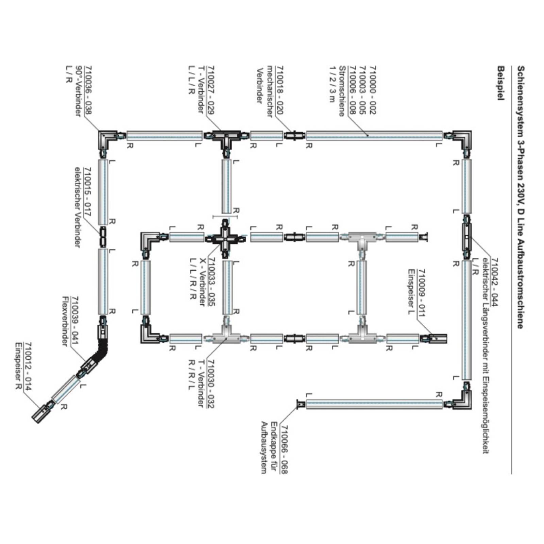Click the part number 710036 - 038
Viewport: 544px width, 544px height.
point(88,90)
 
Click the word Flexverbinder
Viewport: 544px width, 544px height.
point(66,321)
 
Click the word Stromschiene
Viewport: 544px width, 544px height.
point(342,91)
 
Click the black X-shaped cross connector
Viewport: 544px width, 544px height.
point(225,237)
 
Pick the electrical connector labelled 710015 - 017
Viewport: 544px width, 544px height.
point(103,237)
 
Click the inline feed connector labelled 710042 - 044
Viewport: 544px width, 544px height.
point(466,237)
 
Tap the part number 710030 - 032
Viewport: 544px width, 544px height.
point(211,384)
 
